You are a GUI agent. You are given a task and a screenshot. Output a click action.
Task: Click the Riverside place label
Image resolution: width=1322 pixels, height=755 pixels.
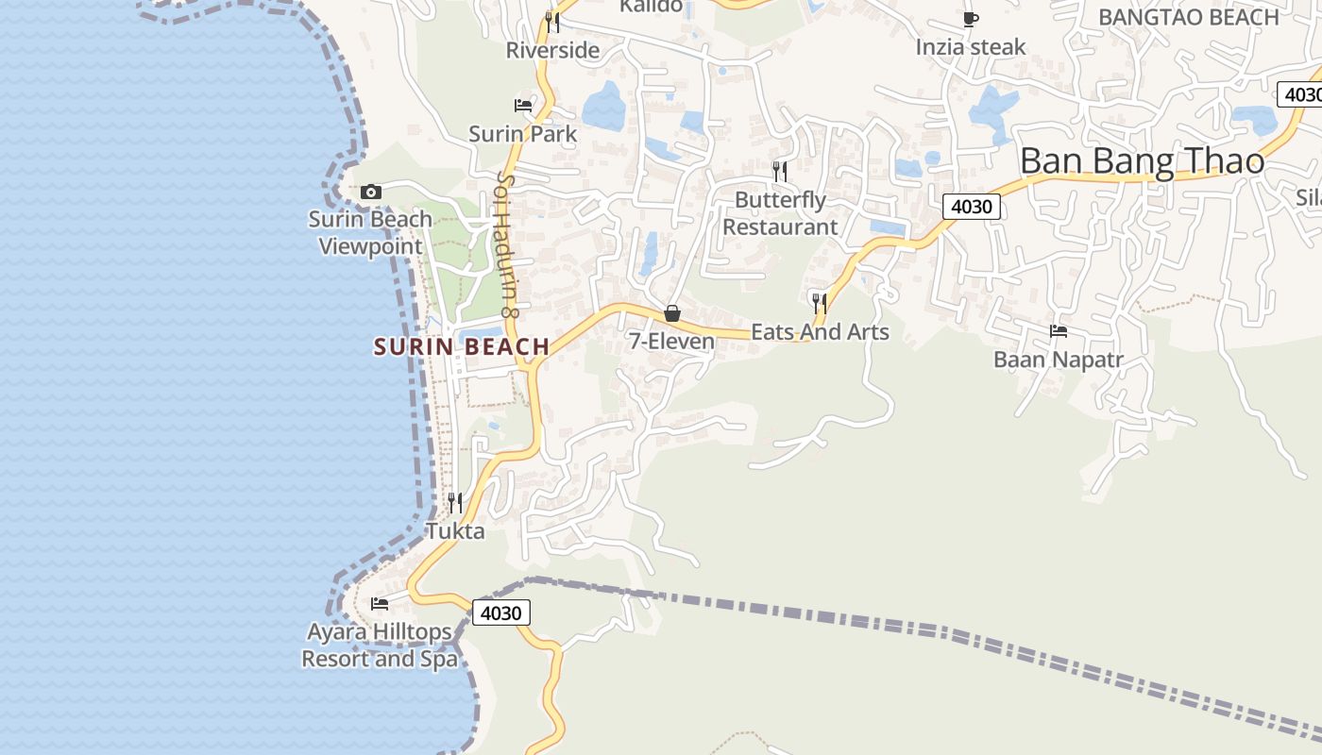point(552,50)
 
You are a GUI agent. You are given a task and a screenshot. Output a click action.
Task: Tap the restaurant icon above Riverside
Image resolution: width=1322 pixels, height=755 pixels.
point(552,21)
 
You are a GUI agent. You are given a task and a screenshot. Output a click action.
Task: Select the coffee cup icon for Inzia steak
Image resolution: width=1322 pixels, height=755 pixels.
point(970,19)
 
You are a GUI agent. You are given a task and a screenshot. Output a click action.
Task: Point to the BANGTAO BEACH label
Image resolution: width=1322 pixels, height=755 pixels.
point(1189,17)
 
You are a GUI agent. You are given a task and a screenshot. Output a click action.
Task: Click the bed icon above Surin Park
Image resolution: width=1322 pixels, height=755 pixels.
point(523,105)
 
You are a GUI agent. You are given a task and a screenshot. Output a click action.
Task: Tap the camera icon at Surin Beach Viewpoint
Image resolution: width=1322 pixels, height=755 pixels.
point(371,193)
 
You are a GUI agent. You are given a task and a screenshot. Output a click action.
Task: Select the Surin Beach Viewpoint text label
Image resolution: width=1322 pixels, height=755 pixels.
point(370,233)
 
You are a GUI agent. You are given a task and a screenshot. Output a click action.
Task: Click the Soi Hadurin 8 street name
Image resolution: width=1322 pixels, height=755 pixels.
point(507,243)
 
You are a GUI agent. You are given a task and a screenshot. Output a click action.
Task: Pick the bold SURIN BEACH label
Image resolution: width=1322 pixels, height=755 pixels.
point(462,346)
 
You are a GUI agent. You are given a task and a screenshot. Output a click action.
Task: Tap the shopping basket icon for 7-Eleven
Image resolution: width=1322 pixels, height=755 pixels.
point(672,313)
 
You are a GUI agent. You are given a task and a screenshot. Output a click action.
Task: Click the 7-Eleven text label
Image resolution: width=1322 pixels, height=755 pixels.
point(672,341)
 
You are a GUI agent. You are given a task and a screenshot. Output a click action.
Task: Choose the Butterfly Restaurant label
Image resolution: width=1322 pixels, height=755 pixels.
point(780,213)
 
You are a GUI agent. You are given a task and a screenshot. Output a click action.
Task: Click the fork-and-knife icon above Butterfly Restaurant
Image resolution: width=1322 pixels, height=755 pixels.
point(780,171)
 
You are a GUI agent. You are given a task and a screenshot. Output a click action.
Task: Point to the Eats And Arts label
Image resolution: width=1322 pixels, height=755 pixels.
point(820,331)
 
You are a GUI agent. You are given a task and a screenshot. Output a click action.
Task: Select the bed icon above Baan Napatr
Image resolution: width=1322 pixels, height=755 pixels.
point(1059,331)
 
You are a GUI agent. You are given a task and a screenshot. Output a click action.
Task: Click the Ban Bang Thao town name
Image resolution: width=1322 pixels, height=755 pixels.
point(1142,161)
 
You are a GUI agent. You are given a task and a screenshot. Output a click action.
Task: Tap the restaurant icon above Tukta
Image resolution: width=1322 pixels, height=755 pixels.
point(455,502)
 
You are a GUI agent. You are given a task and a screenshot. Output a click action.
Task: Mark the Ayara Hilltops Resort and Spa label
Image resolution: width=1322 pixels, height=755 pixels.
point(380,645)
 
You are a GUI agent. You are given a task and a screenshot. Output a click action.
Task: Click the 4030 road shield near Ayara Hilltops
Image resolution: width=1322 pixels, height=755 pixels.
point(500,612)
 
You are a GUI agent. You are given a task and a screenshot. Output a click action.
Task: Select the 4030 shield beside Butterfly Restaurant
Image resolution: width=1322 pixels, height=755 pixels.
point(971,206)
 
